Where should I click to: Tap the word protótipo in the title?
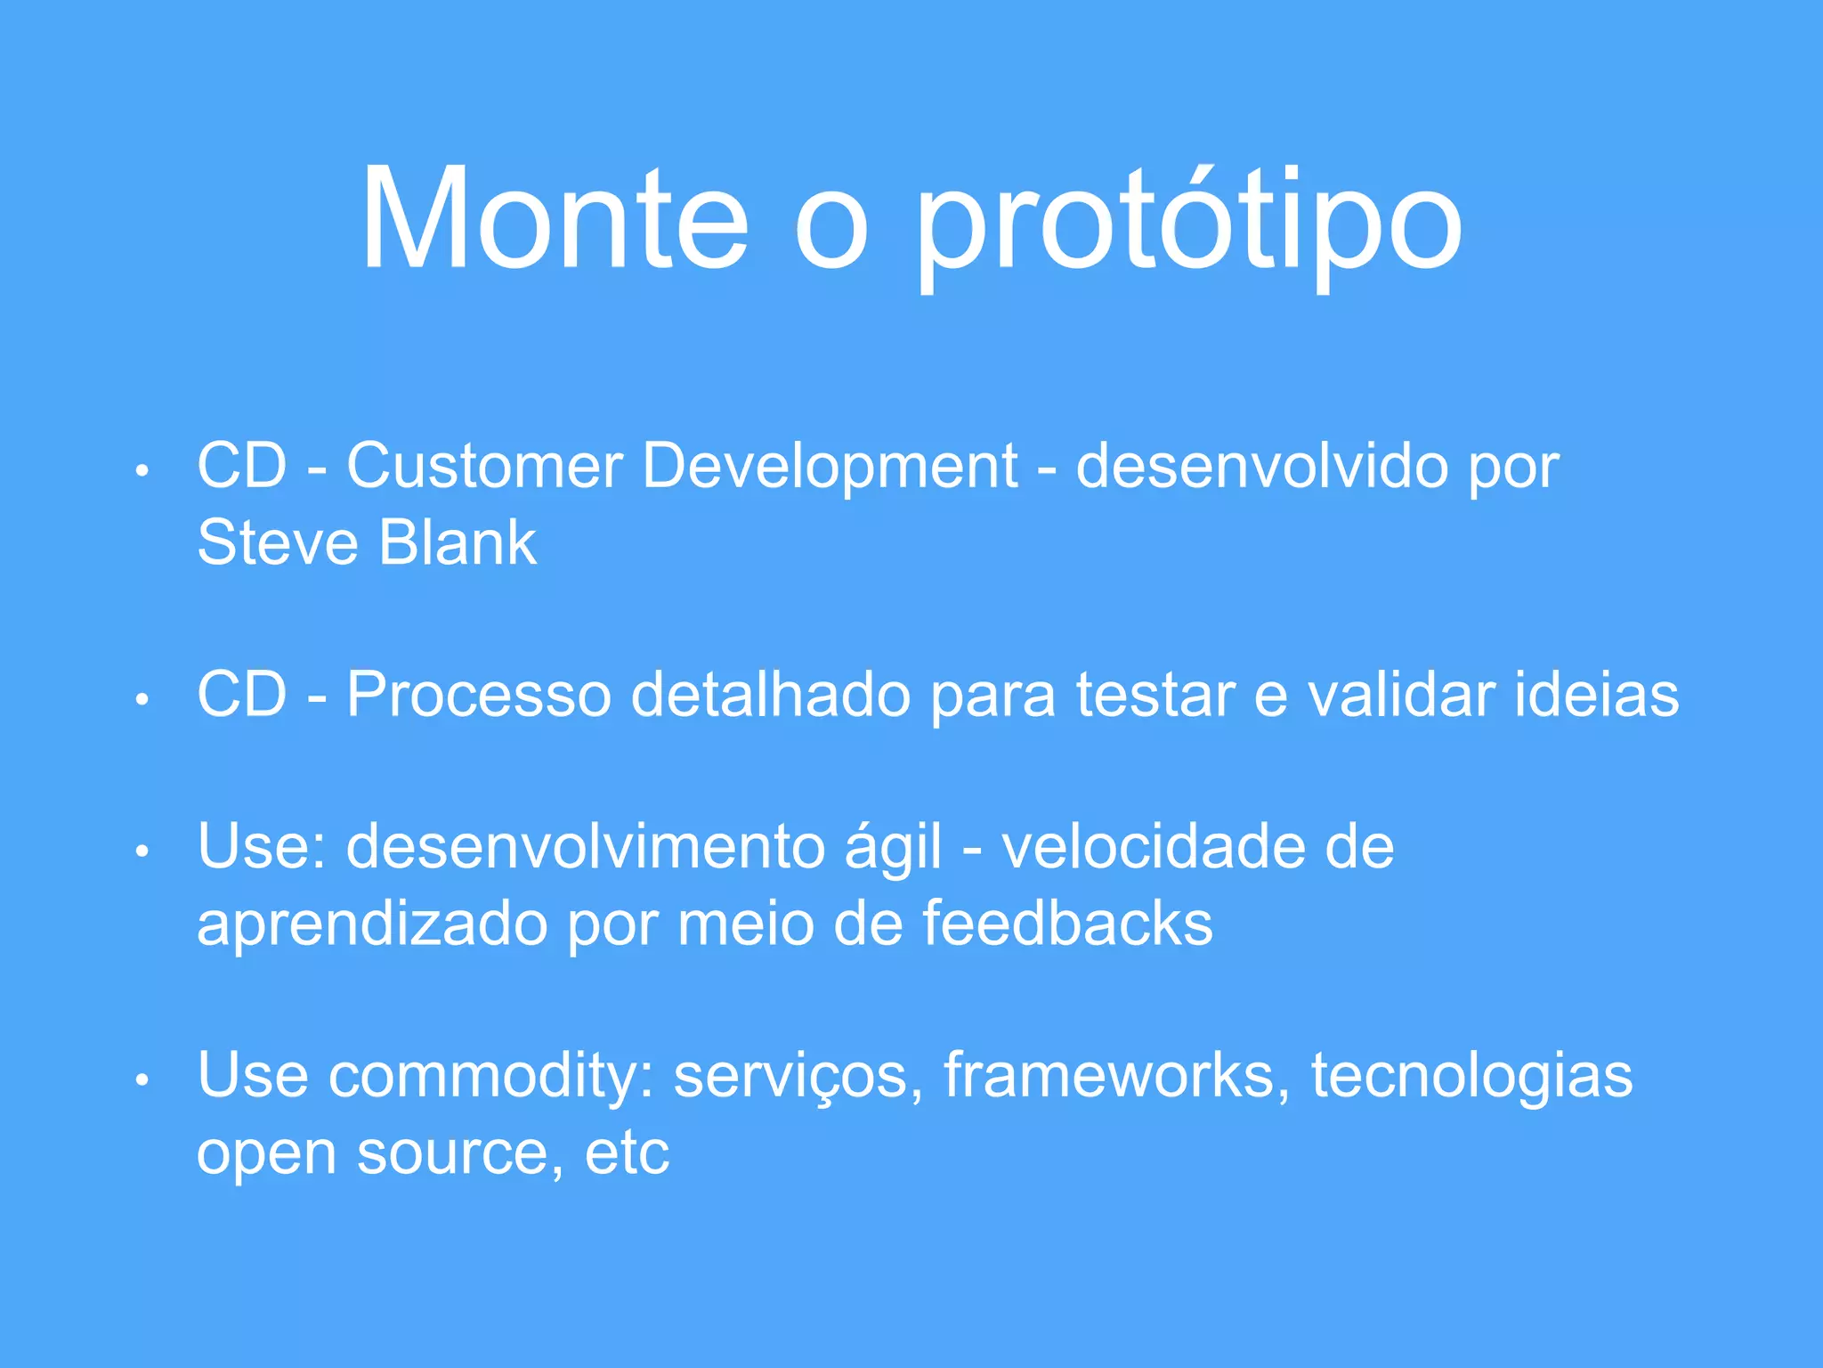(x=1188, y=223)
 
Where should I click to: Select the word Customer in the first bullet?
(x=484, y=466)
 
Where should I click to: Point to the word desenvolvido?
(x=1262, y=466)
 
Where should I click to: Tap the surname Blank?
(x=458, y=542)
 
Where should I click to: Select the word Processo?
(x=479, y=695)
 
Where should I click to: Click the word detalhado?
(x=771, y=695)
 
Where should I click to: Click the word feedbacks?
(x=1067, y=924)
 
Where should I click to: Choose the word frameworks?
(x=1116, y=1075)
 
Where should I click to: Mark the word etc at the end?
(x=627, y=1154)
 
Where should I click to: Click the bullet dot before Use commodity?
(x=142, y=1080)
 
